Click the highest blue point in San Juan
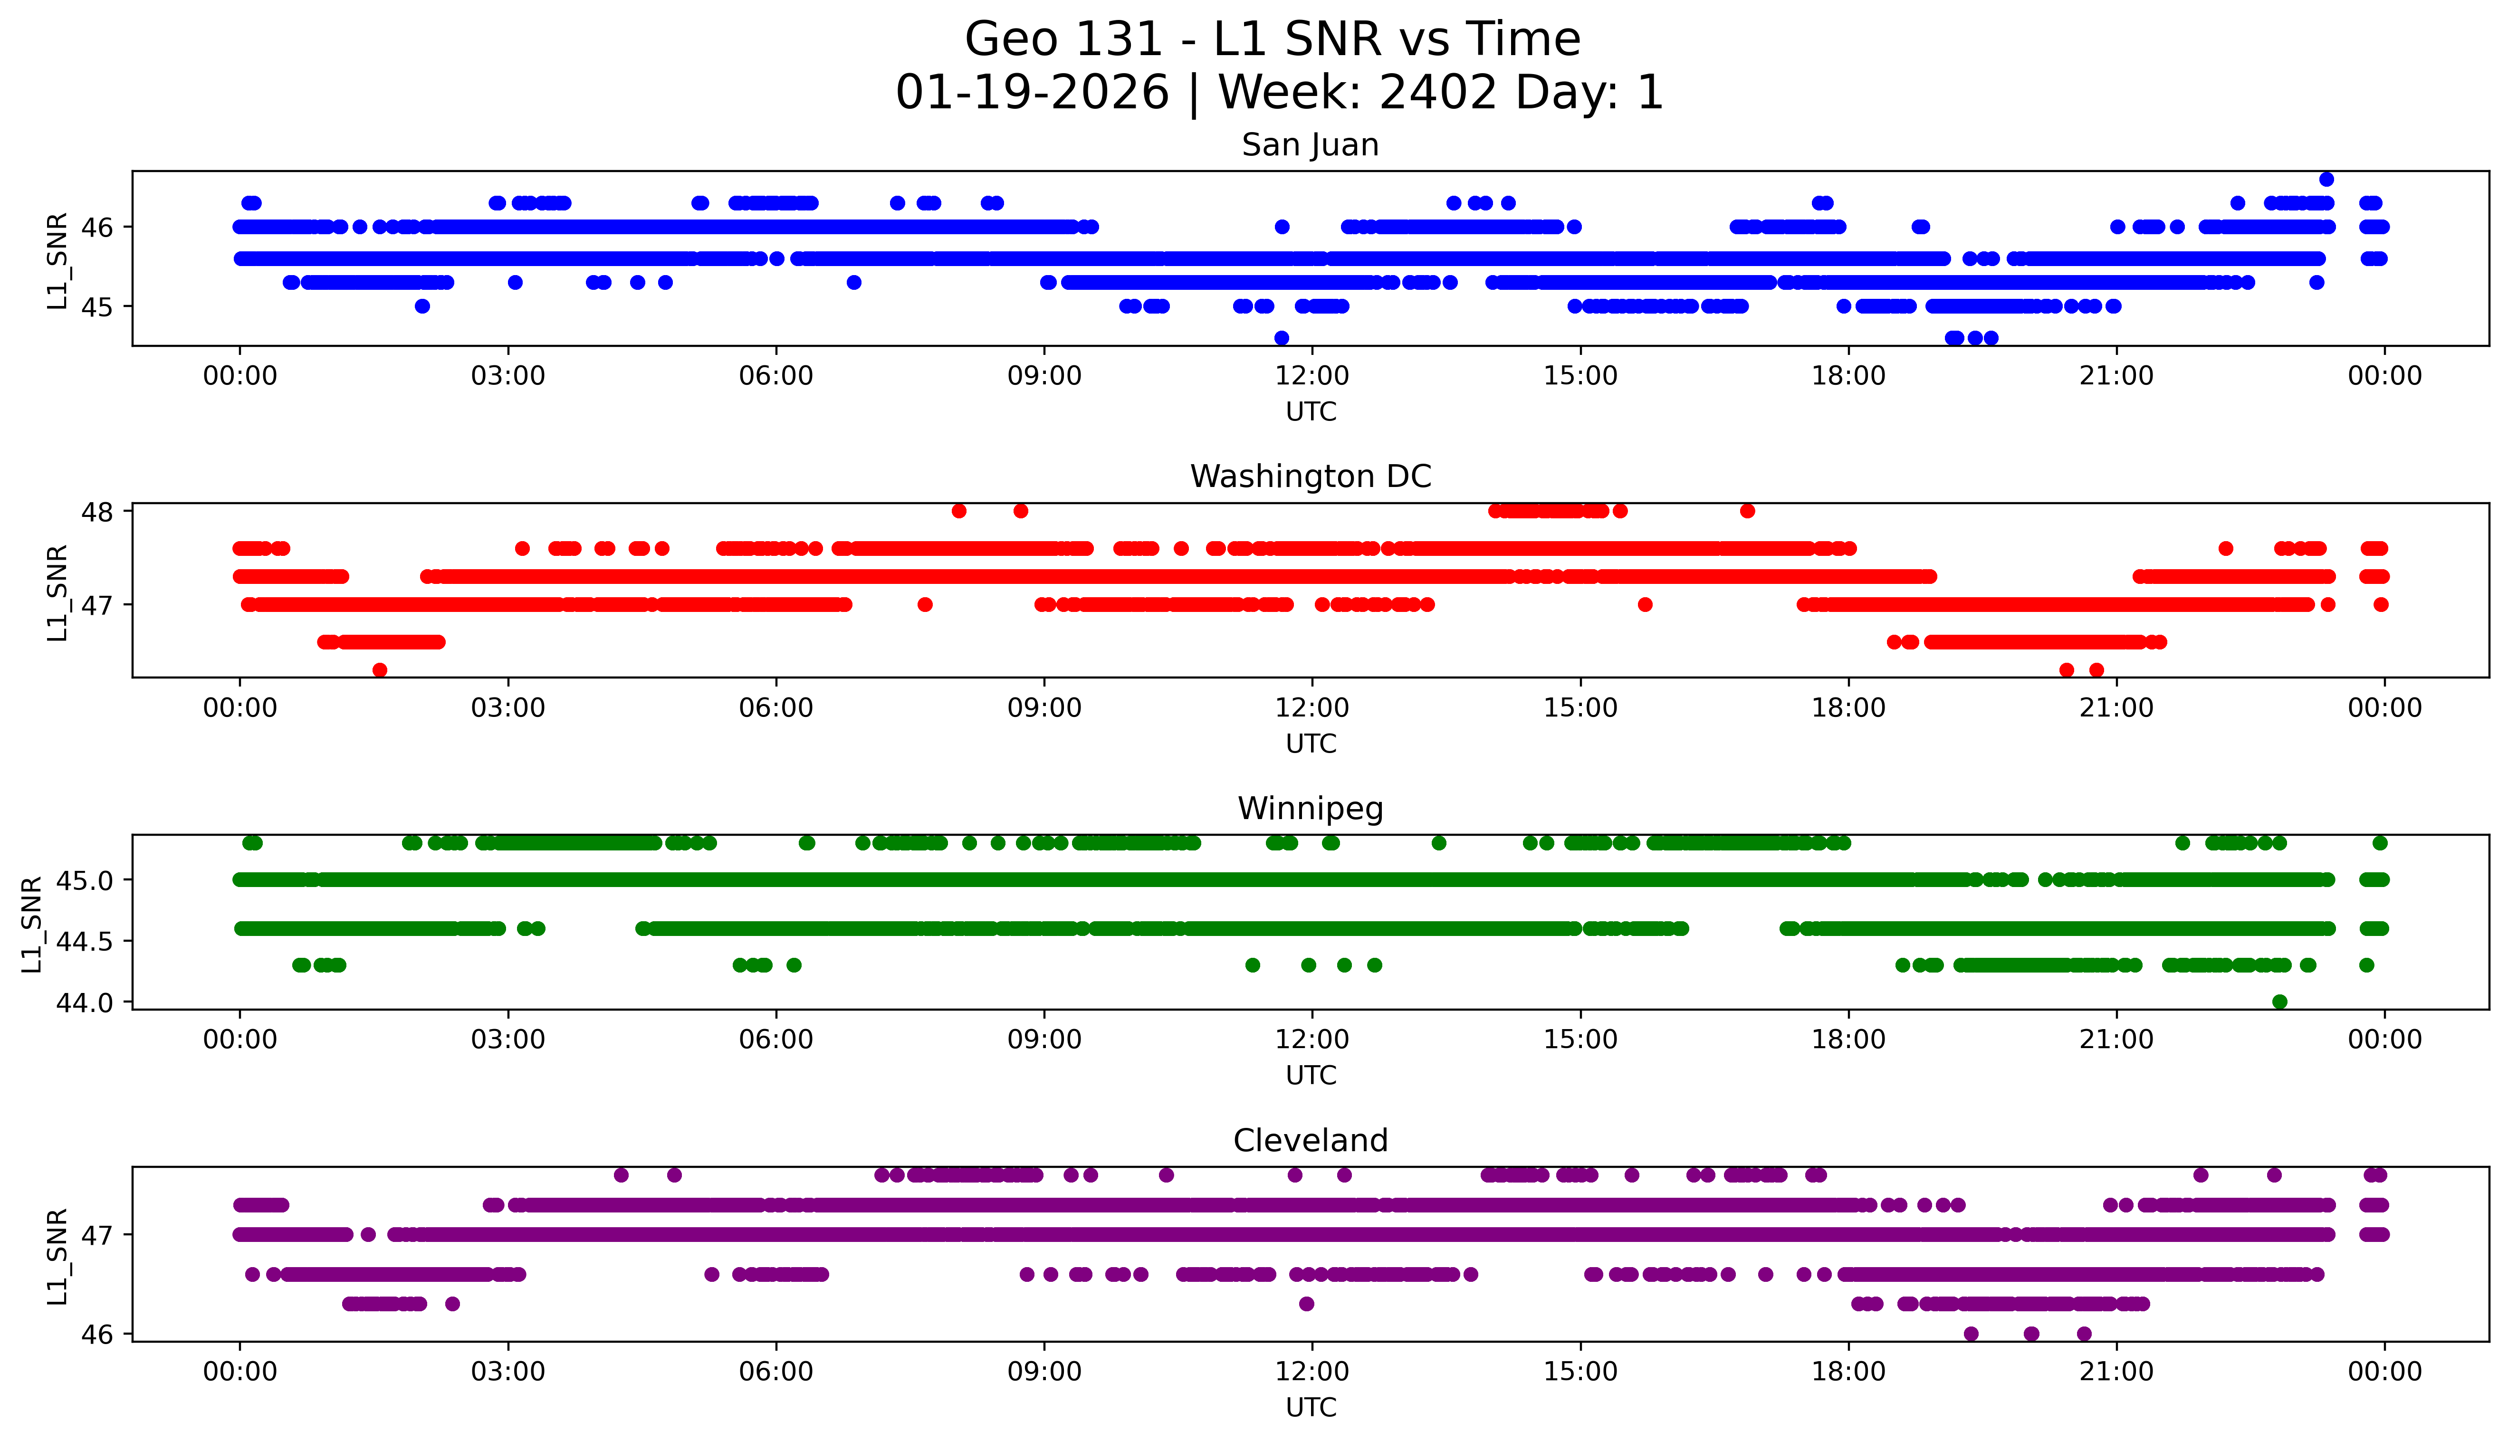point(2326,179)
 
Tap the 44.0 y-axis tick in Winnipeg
point(84,1002)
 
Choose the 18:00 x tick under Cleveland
point(1848,1372)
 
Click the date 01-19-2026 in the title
point(1032,93)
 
